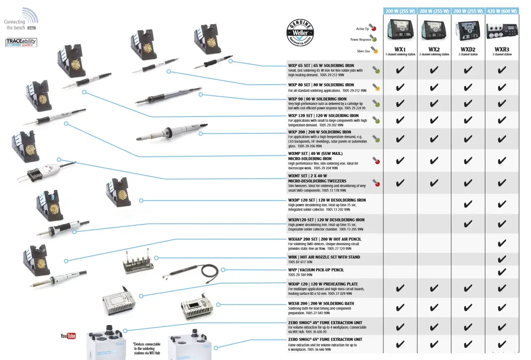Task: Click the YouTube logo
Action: point(68,336)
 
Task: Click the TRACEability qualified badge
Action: point(21,42)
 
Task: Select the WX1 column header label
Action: point(400,49)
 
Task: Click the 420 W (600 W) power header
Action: point(502,11)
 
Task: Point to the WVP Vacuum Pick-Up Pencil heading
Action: point(316,270)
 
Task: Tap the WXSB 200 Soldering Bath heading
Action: point(321,303)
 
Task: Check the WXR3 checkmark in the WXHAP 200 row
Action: point(502,243)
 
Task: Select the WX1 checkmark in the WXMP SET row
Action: point(400,161)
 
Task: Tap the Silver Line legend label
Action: point(363,51)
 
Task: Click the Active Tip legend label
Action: point(362,29)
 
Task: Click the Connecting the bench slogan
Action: point(16,25)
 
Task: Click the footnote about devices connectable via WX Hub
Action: point(146,349)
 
